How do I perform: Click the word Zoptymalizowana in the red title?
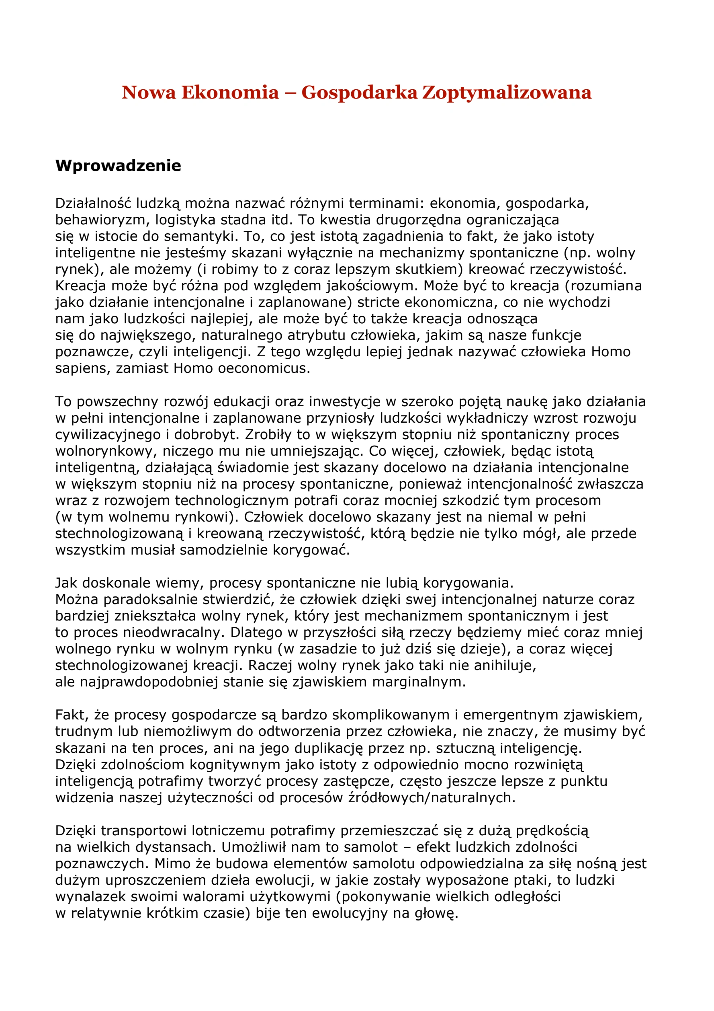[506, 92]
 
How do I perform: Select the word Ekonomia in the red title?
[230, 92]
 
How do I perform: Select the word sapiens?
[82, 368]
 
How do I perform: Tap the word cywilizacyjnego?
[108, 435]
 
